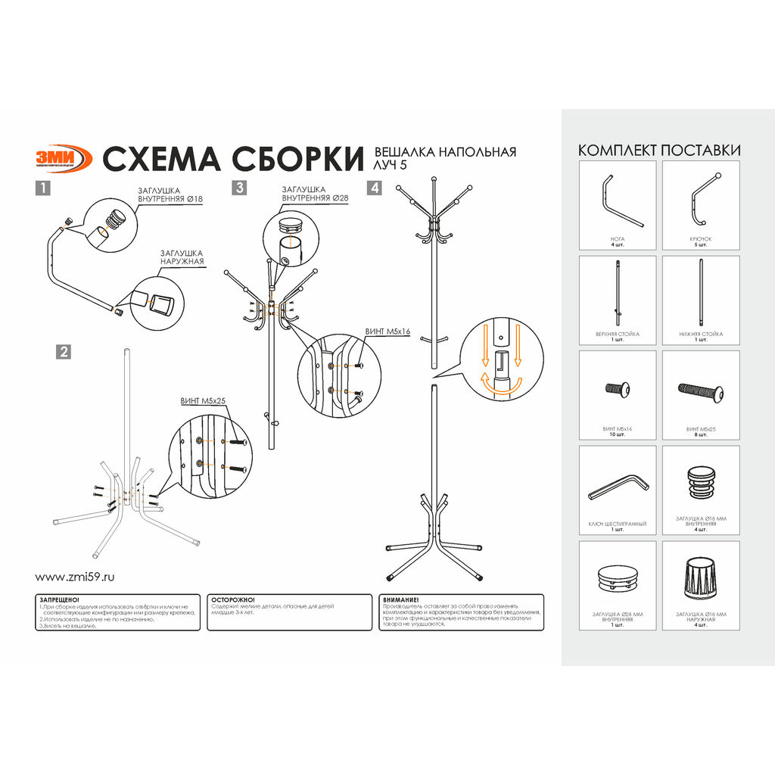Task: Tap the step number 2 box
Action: pyautogui.click(x=64, y=351)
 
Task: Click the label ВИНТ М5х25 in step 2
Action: pyautogui.click(x=204, y=401)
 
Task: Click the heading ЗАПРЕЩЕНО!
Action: pyautogui.click(x=58, y=599)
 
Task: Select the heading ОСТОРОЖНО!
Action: pyautogui.click(x=233, y=599)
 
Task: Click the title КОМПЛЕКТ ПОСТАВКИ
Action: pyautogui.click(x=658, y=150)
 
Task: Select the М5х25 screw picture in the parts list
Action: pyautogui.click(x=701, y=391)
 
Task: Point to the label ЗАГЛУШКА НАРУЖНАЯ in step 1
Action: pyautogui.click(x=182, y=257)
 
